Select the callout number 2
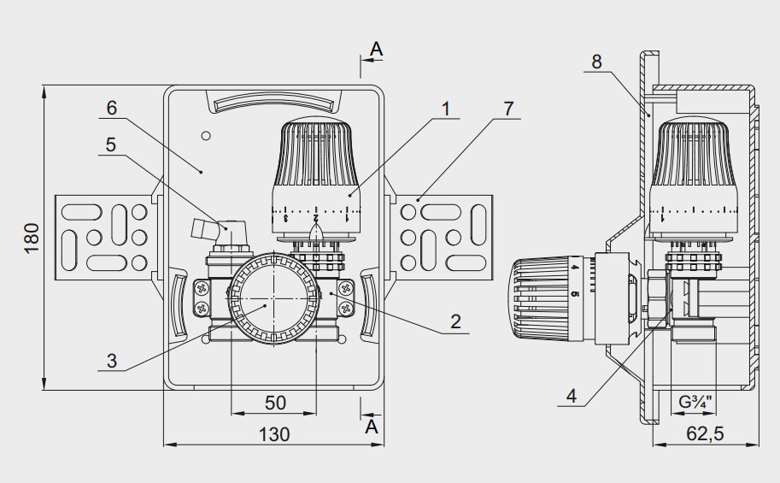(455, 321)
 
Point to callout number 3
(112, 361)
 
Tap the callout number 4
(571, 395)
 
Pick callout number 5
(112, 144)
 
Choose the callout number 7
(508, 108)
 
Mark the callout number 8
(596, 62)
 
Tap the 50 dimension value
(274, 402)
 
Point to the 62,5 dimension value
(705, 434)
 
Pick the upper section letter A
(376, 50)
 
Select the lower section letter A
(372, 427)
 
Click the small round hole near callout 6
(204, 136)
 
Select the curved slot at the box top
(273, 103)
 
